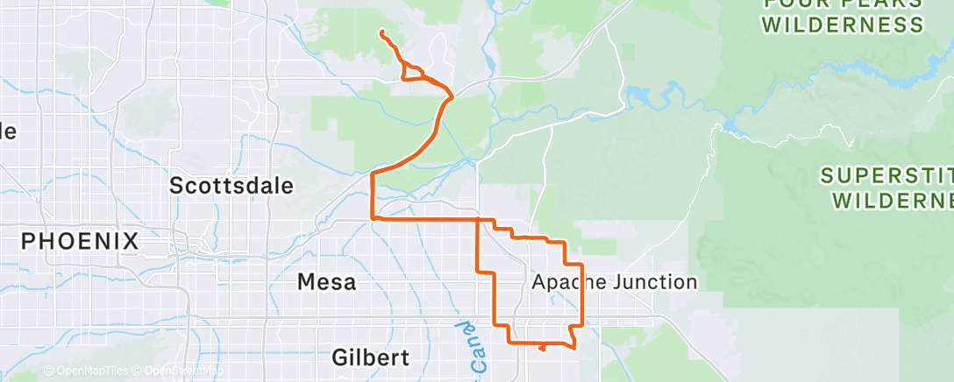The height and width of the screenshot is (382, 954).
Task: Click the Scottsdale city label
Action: click(231, 186)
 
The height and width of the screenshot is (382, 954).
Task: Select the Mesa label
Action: click(327, 282)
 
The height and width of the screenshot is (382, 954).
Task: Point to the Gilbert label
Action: click(371, 357)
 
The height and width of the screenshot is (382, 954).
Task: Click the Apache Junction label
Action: click(615, 282)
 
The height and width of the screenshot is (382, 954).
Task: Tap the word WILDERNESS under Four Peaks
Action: click(844, 25)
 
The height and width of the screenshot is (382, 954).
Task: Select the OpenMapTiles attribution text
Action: click(90, 371)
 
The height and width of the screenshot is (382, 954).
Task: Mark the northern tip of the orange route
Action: click(382, 33)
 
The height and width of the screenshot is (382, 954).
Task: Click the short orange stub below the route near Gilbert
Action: click(543, 348)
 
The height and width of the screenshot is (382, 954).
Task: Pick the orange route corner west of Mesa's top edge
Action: click(374, 217)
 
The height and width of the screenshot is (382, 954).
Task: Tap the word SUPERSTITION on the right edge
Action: click(886, 176)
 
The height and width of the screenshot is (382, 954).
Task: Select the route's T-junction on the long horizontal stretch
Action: click(477, 218)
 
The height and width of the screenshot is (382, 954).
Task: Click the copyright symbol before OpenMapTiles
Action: click(48, 371)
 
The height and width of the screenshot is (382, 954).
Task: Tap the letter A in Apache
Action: click(539, 282)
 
